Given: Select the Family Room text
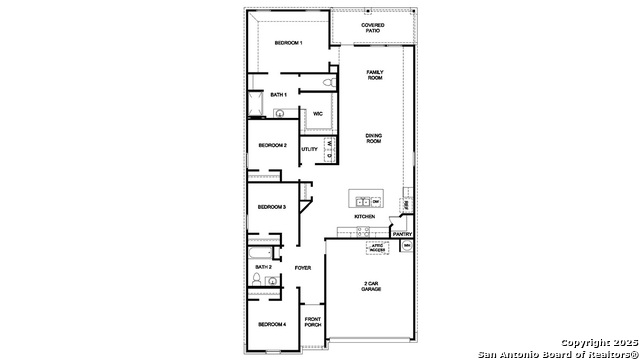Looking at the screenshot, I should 375,74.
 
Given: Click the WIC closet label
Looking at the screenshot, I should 317,114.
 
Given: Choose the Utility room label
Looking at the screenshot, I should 309,149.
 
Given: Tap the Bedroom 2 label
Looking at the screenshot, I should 272,145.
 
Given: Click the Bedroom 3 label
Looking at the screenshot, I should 272,207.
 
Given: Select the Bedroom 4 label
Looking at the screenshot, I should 272,325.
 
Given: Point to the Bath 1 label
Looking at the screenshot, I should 279,95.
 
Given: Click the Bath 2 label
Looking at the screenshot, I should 264,267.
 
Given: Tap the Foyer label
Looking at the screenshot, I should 303,267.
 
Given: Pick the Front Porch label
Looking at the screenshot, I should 313,324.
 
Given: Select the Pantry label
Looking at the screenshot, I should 401,234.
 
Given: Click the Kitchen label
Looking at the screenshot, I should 364,217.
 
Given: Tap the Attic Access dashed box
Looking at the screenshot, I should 377,247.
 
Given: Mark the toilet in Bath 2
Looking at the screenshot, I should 273,284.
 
